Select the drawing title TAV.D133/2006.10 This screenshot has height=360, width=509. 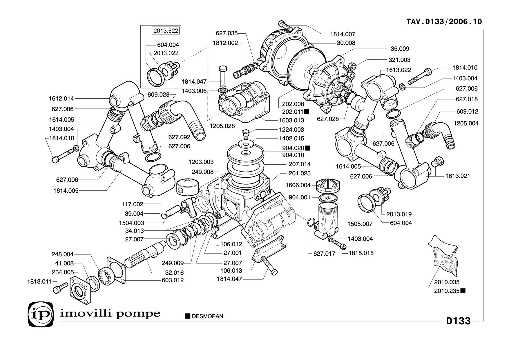444,22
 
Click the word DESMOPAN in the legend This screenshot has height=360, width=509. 207,316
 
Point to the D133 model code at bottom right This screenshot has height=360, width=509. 458,321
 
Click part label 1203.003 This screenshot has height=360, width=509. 201,162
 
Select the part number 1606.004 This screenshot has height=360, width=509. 298,185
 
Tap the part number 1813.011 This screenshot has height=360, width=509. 39,281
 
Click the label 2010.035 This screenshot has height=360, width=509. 447,282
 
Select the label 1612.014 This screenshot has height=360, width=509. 61,99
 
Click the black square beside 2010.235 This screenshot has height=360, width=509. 463,291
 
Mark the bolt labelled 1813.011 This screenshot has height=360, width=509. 59,288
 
